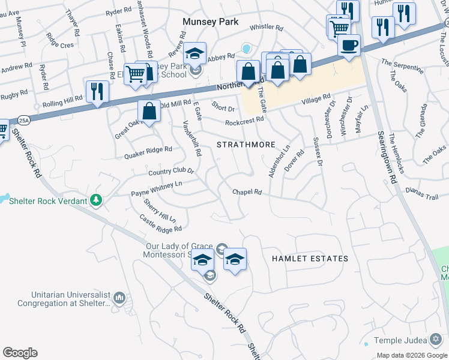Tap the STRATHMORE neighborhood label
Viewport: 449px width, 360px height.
[246, 145]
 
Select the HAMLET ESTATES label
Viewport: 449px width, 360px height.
[310, 259]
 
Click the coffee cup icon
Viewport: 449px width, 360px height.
[349, 45]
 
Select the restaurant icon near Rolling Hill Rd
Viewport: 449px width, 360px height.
[97, 91]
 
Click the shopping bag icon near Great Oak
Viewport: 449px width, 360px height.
[149, 111]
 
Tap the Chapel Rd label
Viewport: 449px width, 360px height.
[247, 192]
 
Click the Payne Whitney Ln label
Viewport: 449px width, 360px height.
[157, 189]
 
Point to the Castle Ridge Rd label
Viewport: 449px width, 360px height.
[161, 225]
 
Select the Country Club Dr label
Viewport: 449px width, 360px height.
[171, 171]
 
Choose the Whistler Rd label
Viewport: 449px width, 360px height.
[266, 27]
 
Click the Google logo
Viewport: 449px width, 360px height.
[20, 353]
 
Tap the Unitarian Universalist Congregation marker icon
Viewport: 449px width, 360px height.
[119, 297]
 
